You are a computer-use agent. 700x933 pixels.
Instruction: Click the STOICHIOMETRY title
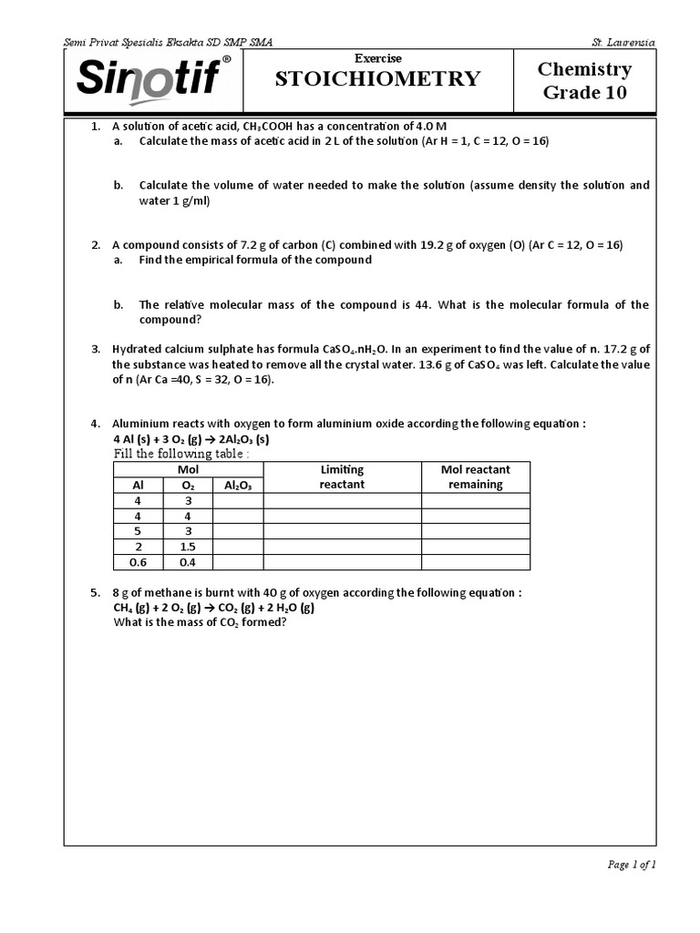(x=377, y=79)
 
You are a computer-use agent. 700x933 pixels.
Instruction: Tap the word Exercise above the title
(x=377, y=58)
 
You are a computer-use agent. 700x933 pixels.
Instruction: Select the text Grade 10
(x=584, y=92)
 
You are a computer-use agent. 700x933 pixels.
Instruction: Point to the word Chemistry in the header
(x=584, y=69)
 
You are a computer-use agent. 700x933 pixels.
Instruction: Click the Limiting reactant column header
(x=342, y=477)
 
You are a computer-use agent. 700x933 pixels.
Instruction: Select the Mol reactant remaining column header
(x=475, y=477)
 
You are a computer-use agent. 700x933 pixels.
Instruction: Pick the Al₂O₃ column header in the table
(x=237, y=485)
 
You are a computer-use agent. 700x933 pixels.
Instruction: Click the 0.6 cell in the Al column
(x=139, y=562)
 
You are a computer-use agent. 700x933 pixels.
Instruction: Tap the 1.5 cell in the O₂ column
(x=188, y=547)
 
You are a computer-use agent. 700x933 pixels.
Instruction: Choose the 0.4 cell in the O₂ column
(x=188, y=562)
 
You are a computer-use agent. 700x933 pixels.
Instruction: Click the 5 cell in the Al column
(x=139, y=531)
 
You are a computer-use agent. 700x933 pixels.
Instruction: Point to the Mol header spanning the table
(x=188, y=469)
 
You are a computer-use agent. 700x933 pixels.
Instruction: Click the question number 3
(x=96, y=349)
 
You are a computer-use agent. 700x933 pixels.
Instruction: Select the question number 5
(x=96, y=592)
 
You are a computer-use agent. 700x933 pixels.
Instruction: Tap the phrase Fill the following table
(x=180, y=454)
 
